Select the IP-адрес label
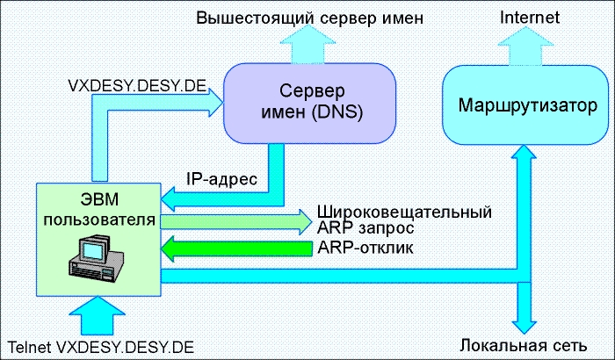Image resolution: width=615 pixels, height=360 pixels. tap(221, 179)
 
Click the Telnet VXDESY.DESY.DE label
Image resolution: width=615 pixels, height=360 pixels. tap(99, 343)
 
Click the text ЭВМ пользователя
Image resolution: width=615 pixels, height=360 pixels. tap(98, 208)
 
